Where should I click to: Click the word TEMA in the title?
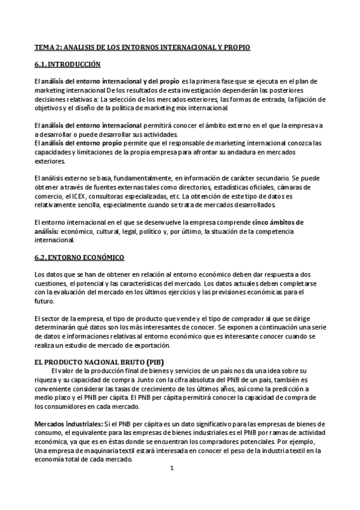[43, 46]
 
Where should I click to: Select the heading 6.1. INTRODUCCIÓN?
[67, 64]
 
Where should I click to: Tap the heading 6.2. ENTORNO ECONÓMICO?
[79, 257]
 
